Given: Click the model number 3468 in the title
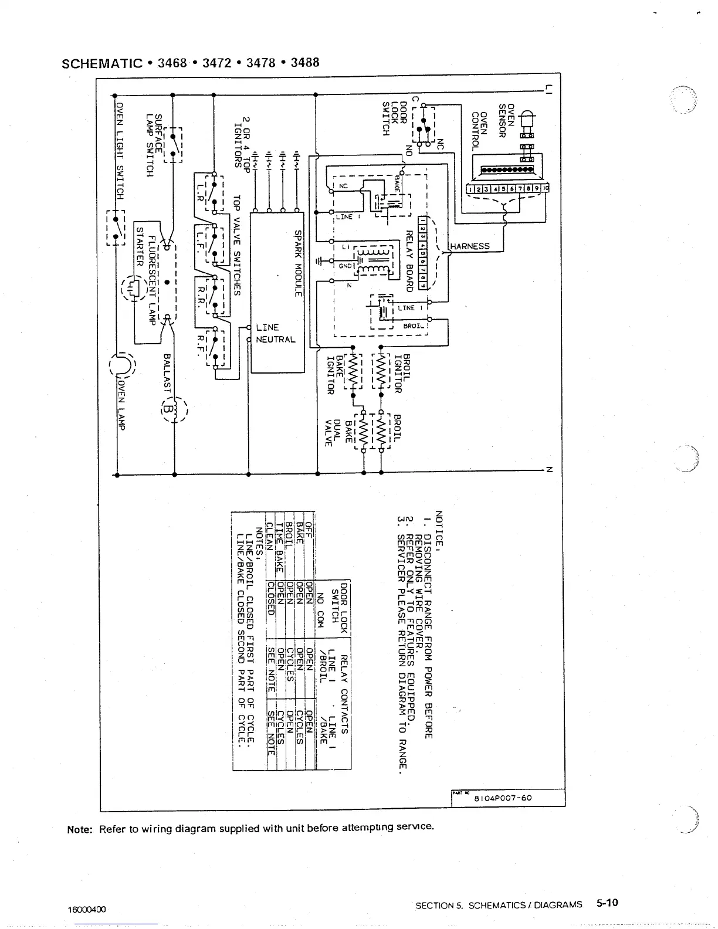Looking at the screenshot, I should point(171,62).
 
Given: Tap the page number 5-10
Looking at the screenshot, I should point(607,903).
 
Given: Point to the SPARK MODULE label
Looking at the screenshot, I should point(297,262).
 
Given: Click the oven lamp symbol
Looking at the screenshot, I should point(123,365).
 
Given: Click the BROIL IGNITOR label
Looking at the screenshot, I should point(402,374).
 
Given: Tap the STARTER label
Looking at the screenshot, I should point(140,247).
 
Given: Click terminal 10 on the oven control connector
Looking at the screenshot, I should point(546,188).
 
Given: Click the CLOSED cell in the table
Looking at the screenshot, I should point(270,598).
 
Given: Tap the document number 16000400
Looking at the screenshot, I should point(87,910).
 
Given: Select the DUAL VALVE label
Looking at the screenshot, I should point(333,433).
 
